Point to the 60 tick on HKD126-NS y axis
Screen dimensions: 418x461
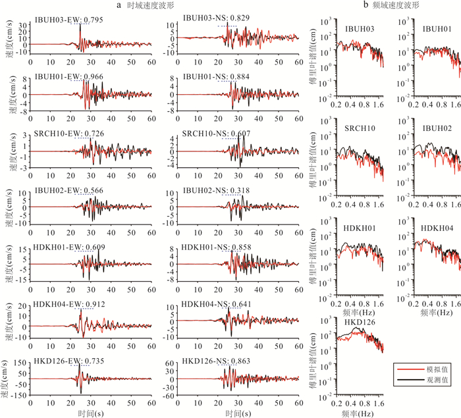coord(167,362)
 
